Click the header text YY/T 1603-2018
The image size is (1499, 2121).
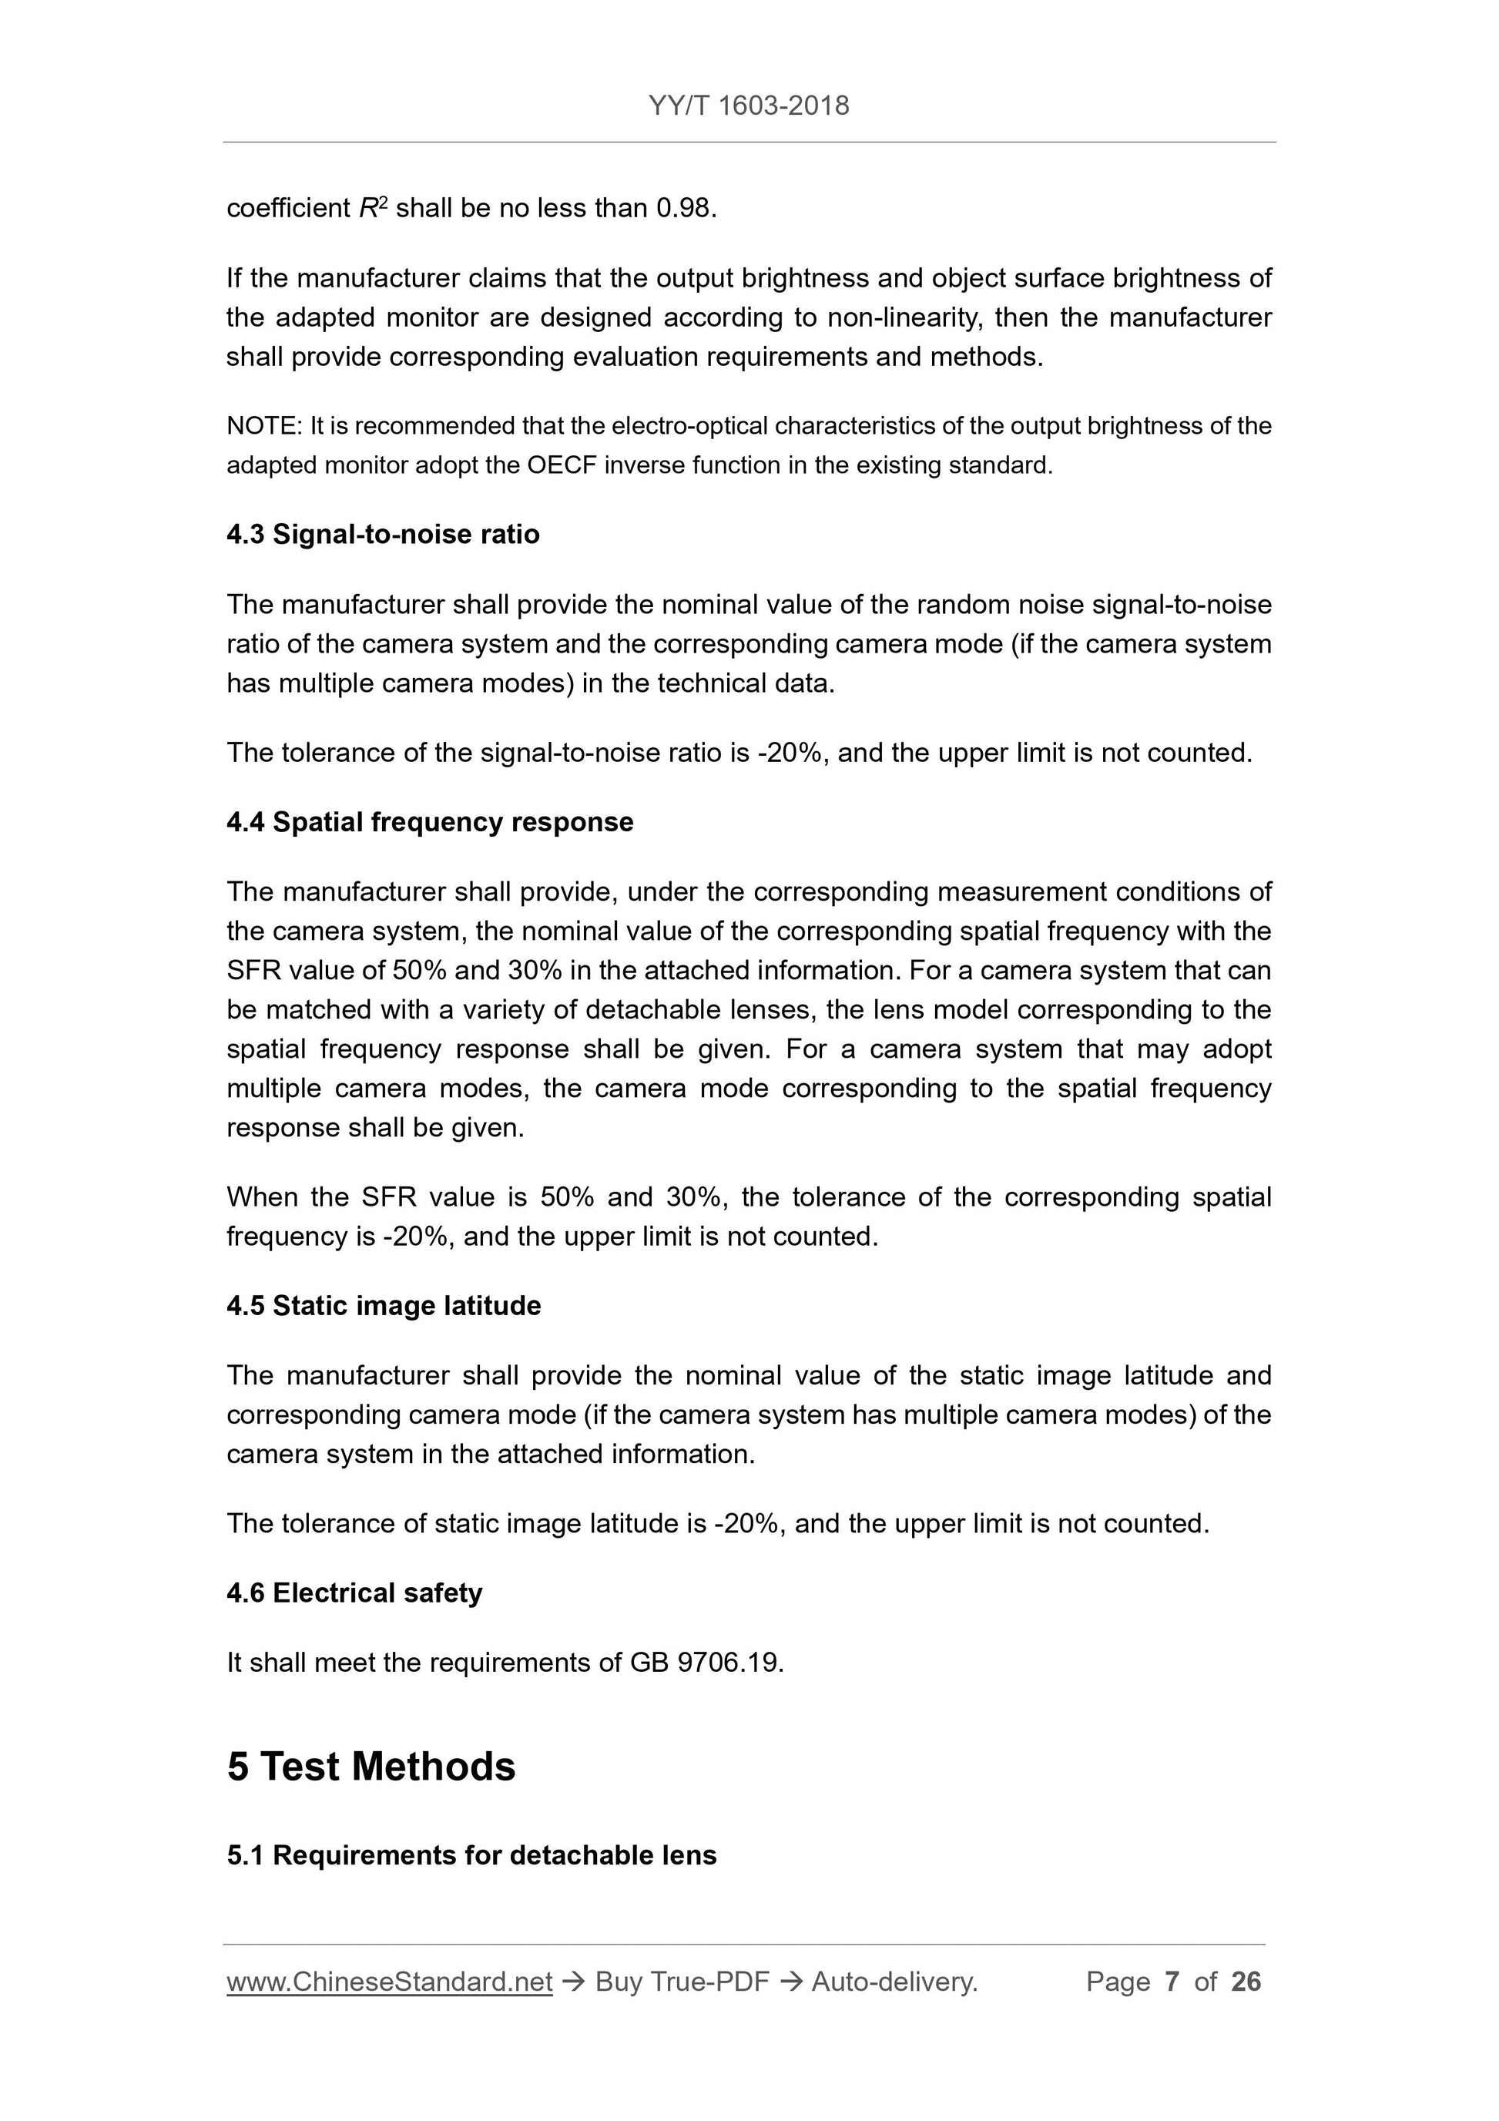748,106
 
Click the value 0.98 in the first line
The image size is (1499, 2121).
683,209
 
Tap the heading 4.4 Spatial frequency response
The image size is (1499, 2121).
430,822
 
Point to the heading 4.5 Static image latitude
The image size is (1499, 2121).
384,1305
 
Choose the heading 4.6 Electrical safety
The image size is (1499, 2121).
354,1592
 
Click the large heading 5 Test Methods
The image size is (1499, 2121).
371,1767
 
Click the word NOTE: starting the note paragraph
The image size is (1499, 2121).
264,426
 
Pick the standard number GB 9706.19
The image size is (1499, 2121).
706,1663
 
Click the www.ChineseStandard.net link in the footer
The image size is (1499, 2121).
389,1982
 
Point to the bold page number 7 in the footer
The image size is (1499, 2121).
1172,1982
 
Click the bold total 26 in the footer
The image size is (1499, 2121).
1246,1982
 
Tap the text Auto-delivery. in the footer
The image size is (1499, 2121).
894,1982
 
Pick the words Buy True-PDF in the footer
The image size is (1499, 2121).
682,1982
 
